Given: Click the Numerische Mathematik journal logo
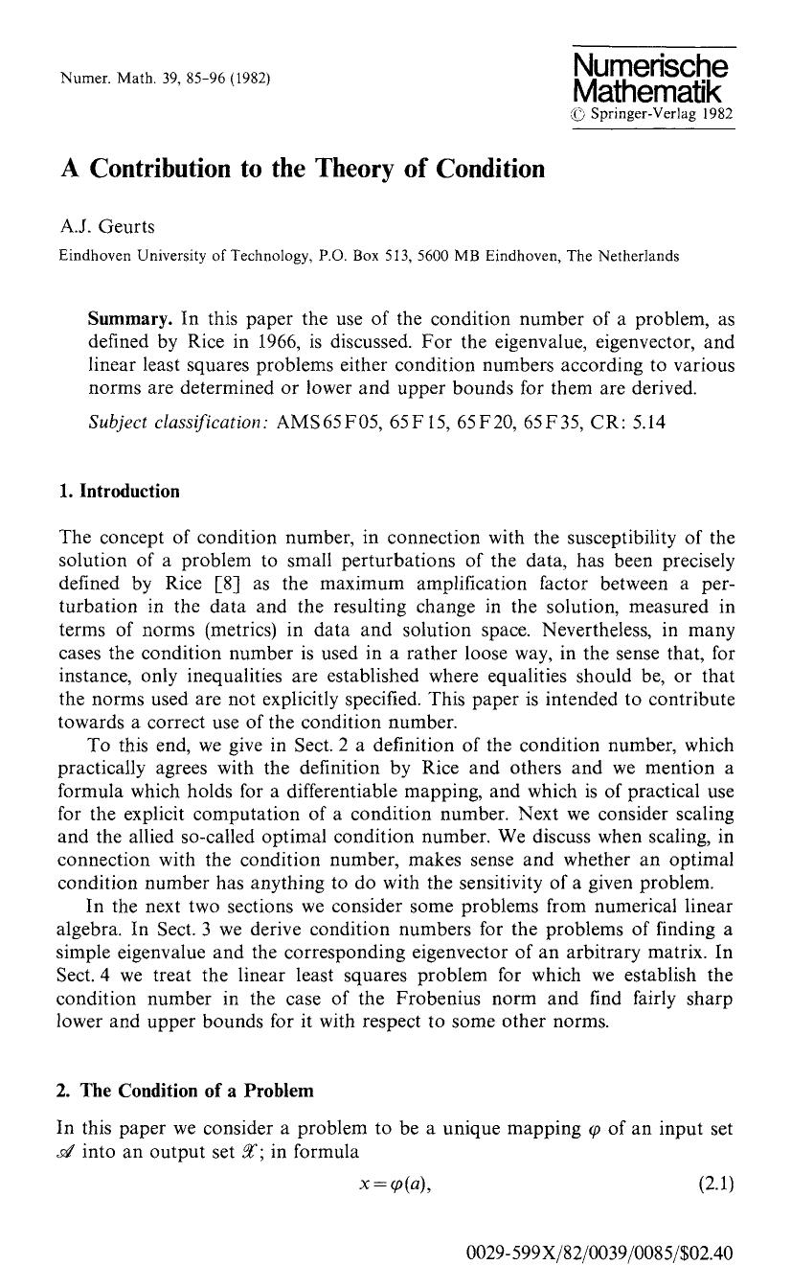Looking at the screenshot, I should (x=649, y=79).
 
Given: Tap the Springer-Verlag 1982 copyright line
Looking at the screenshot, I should (x=653, y=114).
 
